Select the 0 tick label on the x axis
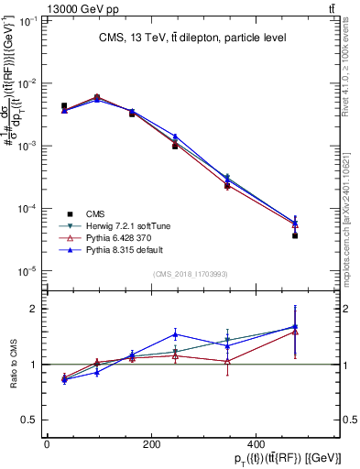pyautogui.click(x=47, y=445)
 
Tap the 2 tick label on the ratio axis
pyautogui.click(x=35, y=309)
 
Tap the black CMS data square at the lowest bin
pyautogui.click(x=63, y=106)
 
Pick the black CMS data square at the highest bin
pyautogui.click(x=295, y=235)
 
